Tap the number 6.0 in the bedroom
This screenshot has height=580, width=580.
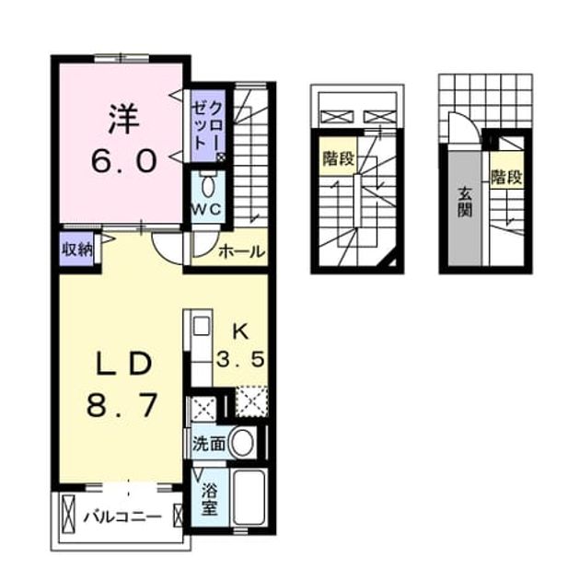pyautogui.click(x=123, y=162)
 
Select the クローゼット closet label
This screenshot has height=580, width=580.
pyautogui.click(x=206, y=125)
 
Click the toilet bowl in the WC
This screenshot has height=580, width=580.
pyautogui.click(x=207, y=186)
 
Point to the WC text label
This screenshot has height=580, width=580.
pyautogui.click(x=206, y=210)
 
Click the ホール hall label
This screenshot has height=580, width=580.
pyautogui.click(x=242, y=252)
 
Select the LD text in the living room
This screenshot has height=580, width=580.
pyautogui.click(x=124, y=364)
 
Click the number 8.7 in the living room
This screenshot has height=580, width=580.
pyautogui.click(x=122, y=405)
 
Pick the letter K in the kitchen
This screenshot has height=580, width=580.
pyautogui.click(x=241, y=332)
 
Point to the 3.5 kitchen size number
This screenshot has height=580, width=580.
pyautogui.click(x=241, y=359)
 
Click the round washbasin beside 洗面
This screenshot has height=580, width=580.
pyautogui.click(x=241, y=443)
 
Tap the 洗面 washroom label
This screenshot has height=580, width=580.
pyautogui.click(x=209, y=445)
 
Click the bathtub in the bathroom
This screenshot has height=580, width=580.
pyautogui.click(x=249, y=496)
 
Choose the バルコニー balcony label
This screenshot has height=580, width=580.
pyautogui.click(x=122, y=516)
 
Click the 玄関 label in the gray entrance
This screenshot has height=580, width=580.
pyautogui.click(x=465, y=203)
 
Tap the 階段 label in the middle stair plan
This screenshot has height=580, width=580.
pyautogui.click(x=339, y=159)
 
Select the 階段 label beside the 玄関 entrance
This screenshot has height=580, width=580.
pyautogui.click(x=506, y=178)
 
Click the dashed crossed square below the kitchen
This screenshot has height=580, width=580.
pyautogui.click(x=252, y=401)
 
